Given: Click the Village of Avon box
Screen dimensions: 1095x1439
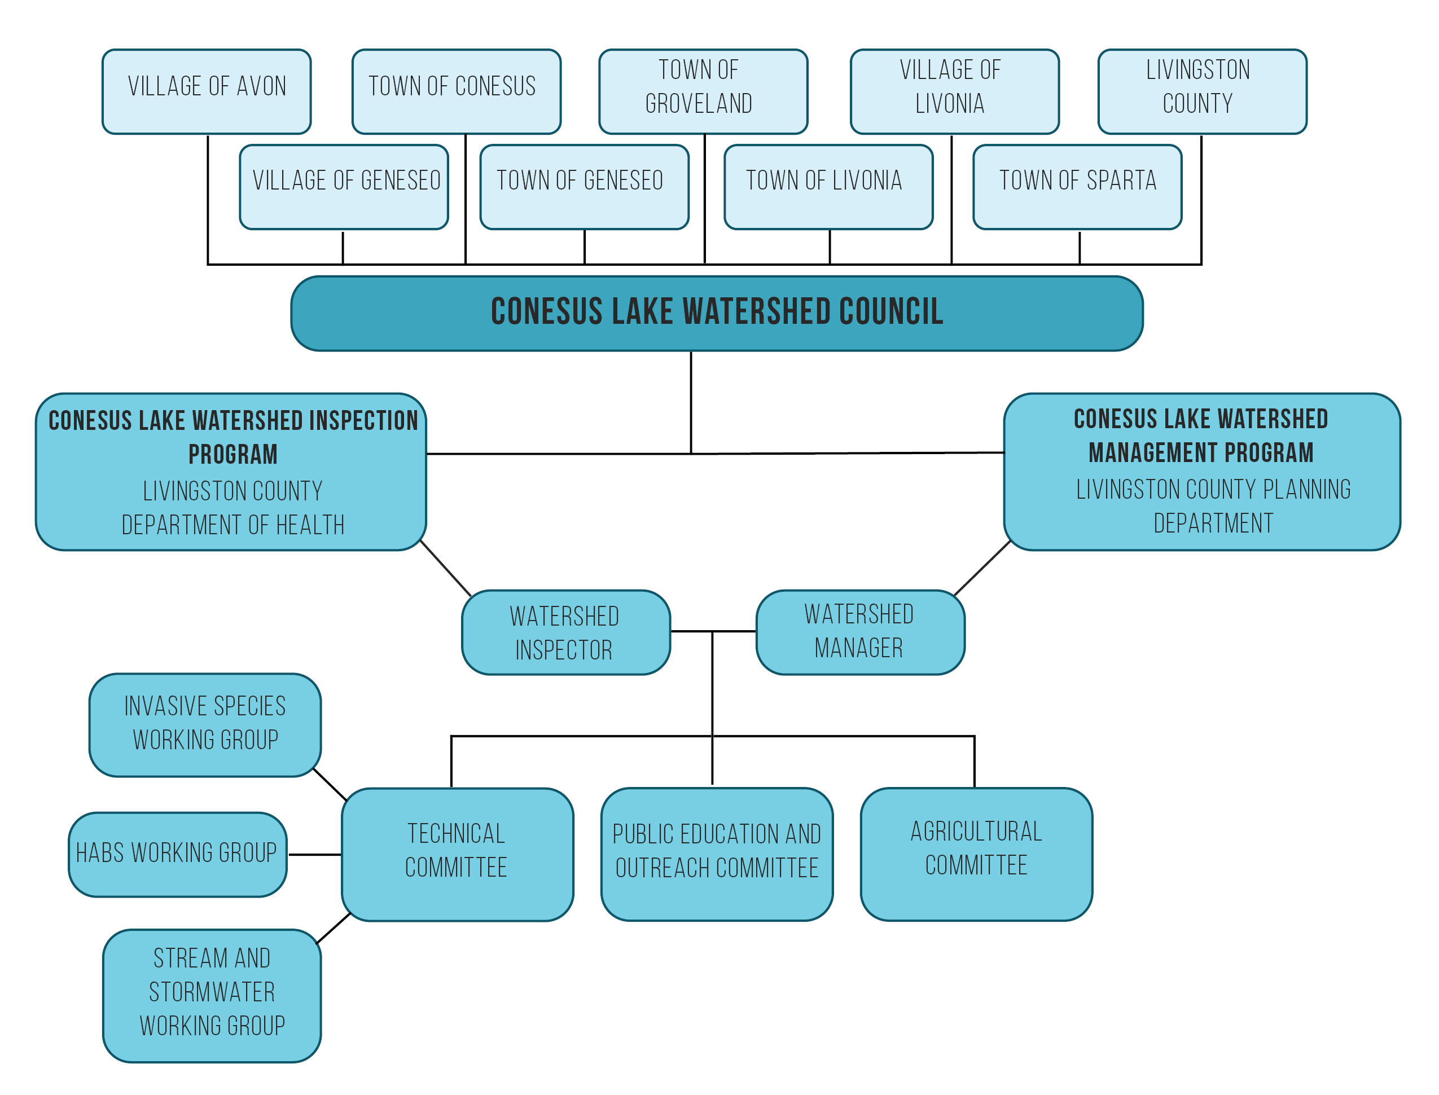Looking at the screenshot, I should coord(206,91).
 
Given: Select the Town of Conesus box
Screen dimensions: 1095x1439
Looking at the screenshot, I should coord(456,91).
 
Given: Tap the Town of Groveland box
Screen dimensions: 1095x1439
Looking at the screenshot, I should coord(703,91).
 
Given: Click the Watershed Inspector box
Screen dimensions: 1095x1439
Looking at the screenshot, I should coord(565,632).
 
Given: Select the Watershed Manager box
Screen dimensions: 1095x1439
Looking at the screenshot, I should coord(859,632).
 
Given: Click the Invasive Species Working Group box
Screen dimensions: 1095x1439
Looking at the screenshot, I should coord(205,724).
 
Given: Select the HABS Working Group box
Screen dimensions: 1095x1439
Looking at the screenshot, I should coord(177,854).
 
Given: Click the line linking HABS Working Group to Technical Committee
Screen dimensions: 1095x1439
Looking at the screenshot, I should coord(314,854).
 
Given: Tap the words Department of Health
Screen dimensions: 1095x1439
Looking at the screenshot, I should coord(232,525).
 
